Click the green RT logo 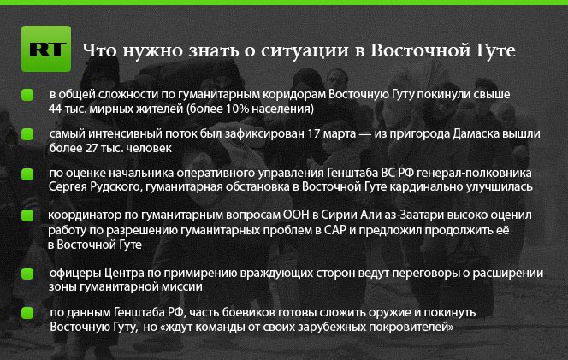46,49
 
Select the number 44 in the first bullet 55,109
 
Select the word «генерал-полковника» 474,173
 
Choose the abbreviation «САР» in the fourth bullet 335,230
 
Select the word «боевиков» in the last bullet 246,313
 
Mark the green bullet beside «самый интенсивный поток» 27,134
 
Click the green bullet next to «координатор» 27,215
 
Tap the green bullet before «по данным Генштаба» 27,313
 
